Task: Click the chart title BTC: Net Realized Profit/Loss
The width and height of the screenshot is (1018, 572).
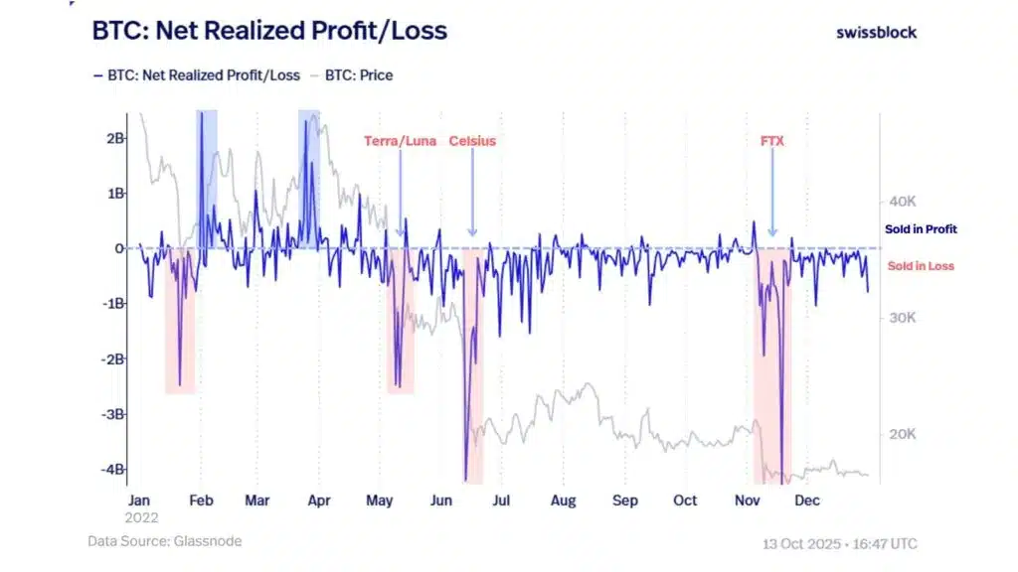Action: point(269,31)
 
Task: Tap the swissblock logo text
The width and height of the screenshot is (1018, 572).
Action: point(876,32)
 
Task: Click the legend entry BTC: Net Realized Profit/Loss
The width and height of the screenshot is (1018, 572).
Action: point(198,75)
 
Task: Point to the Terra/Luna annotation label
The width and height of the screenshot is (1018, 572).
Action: point(401,141)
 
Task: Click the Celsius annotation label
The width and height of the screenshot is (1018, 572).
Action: point(472,141)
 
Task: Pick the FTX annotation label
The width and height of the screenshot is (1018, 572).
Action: point(772,141)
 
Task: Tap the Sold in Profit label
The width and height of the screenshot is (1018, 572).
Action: point(921,229)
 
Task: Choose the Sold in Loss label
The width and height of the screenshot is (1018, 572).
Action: point(921,266)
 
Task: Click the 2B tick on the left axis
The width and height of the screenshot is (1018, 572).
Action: point(115,138)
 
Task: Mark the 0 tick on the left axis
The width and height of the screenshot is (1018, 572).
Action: point(119,248)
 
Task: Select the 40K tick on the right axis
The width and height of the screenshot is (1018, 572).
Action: point(902,202)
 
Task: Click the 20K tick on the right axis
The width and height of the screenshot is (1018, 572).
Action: point(902,434)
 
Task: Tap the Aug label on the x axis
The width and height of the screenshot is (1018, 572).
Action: point(564,500)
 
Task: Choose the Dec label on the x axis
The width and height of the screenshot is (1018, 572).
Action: point(807,500)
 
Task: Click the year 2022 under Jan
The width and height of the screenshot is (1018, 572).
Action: point(142,517)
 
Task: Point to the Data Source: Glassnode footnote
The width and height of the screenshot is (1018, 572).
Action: point(164,541)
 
